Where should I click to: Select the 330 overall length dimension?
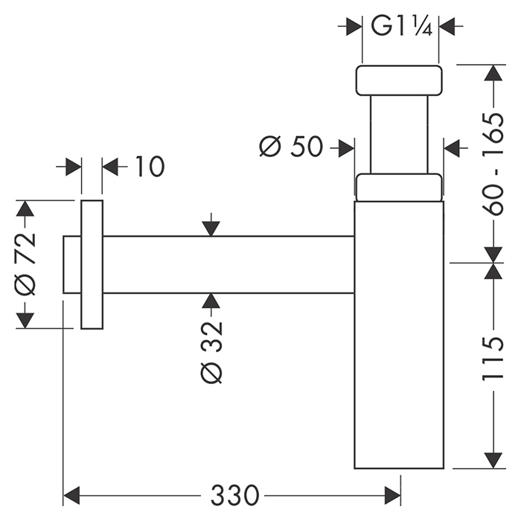point(235,493)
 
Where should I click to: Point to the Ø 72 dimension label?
point(25,263)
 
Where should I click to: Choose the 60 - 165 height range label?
point(491,164)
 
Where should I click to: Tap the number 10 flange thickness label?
point(149,167)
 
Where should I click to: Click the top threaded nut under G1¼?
point(400,80)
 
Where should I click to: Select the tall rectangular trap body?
point(400,335)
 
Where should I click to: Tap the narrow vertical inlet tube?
point(400,134)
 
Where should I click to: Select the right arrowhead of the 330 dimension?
point(394,493)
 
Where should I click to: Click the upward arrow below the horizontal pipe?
point(211,301)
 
